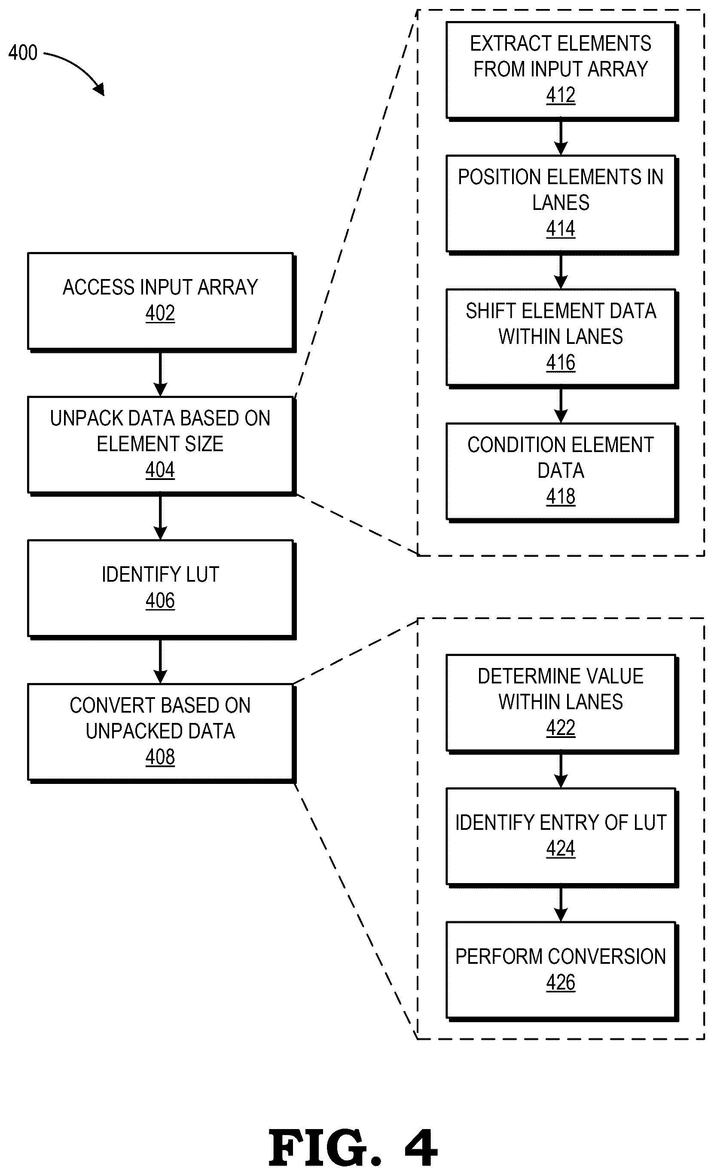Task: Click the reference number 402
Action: coord(160,313)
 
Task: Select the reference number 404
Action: coord(160,470)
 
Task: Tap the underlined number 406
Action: coord(160,600)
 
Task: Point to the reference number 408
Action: coord(160,757)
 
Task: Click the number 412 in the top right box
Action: coord(561,95)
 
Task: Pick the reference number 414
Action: coord(561,229)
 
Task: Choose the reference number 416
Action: coord(561,362)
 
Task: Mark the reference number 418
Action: coord(561,496)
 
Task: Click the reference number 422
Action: coord(561,728)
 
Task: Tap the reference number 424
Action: coord(561,848)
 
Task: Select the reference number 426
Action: coord(561,982)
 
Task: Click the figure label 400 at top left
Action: coord(23,52)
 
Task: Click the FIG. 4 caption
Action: coord(353,1148)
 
